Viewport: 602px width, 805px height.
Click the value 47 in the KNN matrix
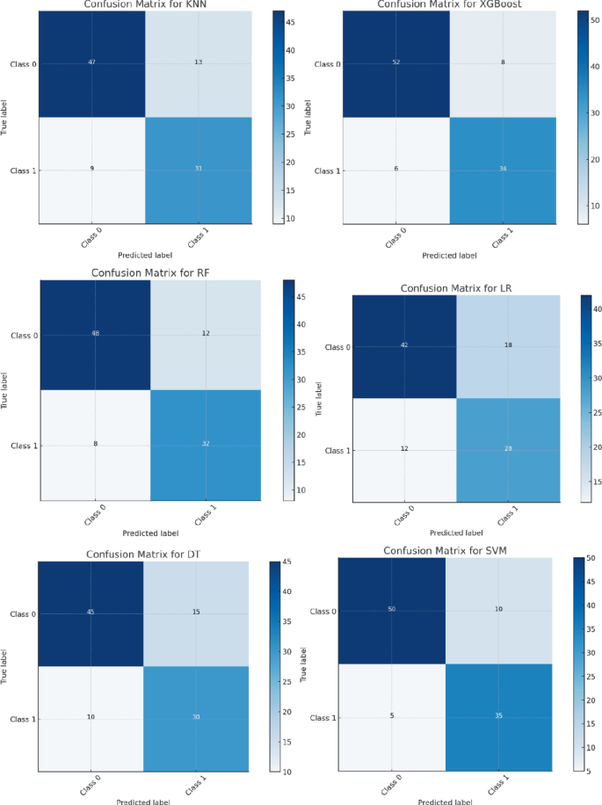91,63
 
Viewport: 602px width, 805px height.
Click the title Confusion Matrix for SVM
442,551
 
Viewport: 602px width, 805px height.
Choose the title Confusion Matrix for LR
456,288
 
